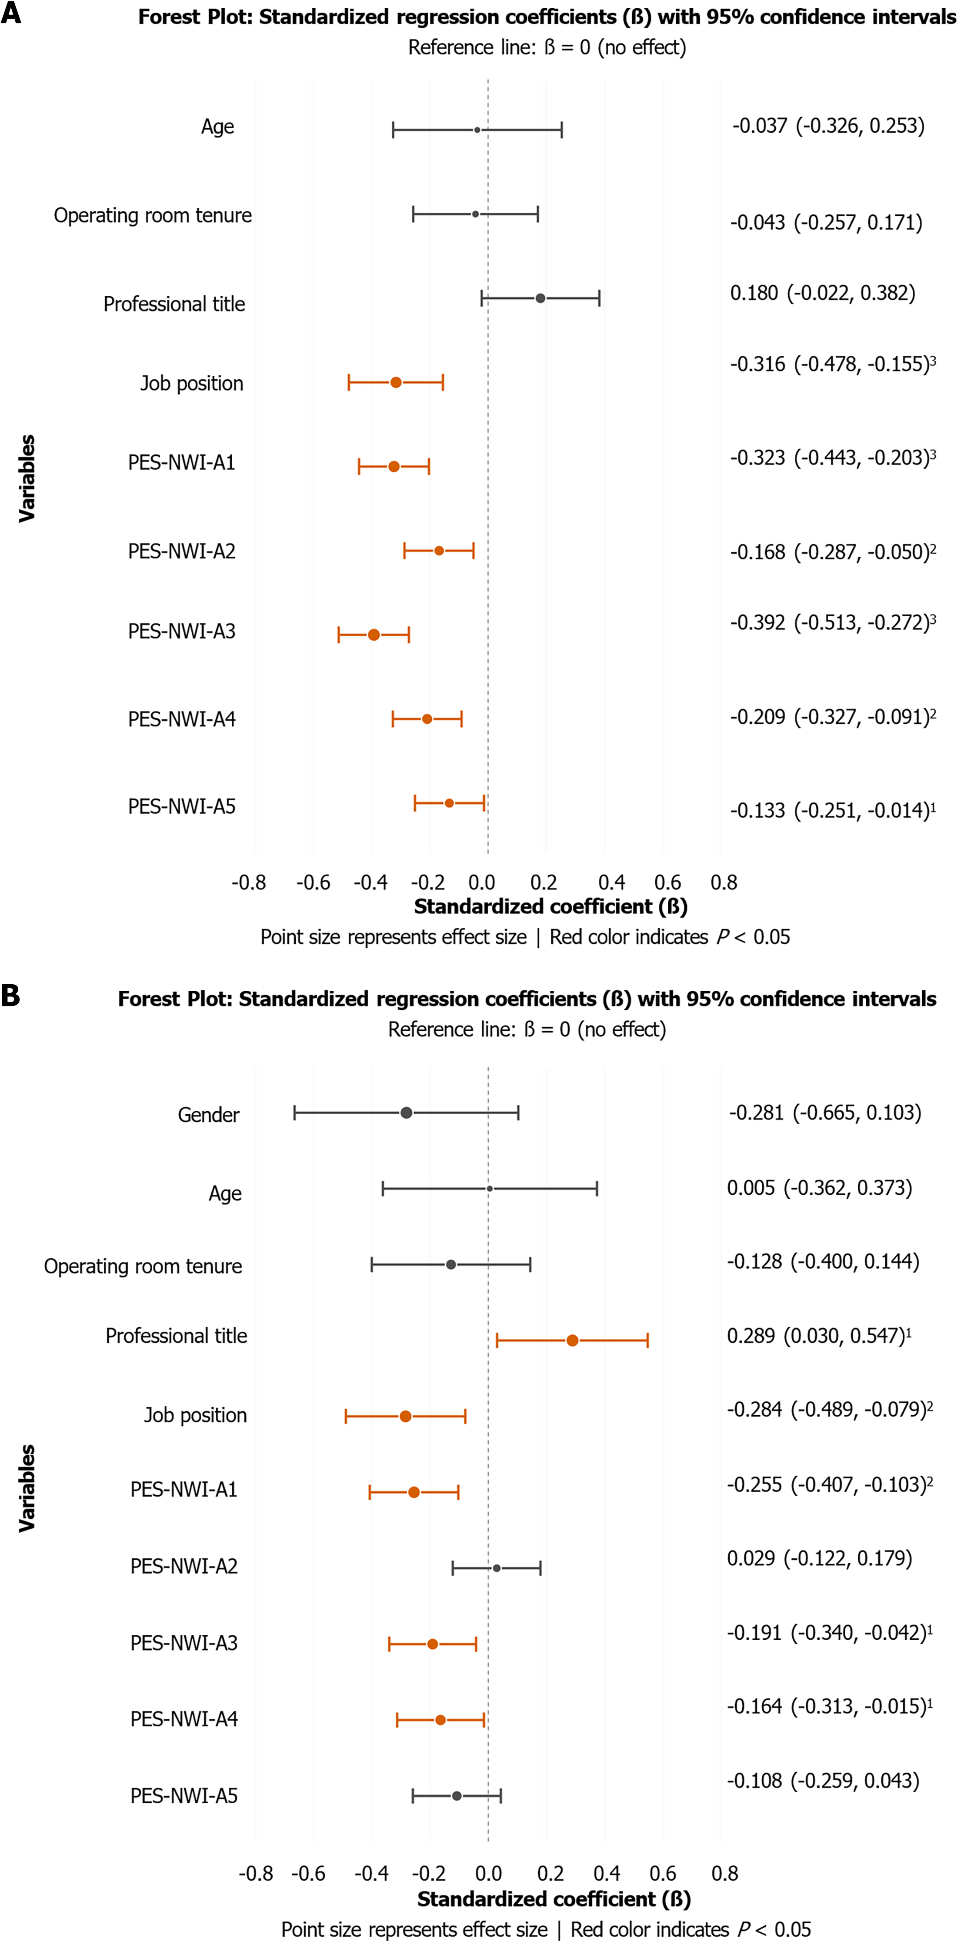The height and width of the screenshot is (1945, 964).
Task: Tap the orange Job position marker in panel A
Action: pos(396,382)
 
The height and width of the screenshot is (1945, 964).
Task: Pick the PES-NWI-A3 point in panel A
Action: pos(374,634)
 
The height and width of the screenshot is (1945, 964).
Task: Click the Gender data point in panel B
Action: pos(406,1112)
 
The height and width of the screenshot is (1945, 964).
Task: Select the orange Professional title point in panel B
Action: pos(572,1340)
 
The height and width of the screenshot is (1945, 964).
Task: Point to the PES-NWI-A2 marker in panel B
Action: pos(497,1568)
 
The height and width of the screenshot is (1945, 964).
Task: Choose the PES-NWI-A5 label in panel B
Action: pos(184,1795)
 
